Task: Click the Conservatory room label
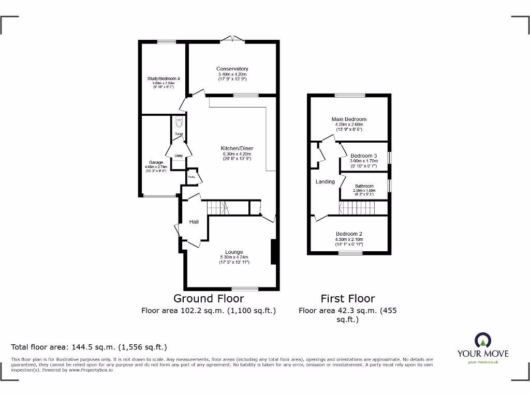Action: tap(232, 69)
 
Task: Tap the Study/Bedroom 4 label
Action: tap(163, 79)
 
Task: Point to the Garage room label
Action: tap(156, 162)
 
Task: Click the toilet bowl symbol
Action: tap(179, 122)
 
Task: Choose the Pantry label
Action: tap(192, 177)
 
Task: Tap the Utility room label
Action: tap(179, 155)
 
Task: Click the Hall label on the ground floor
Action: tap(194, 222)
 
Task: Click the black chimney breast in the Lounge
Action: tap(274, 252)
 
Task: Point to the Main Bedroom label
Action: tap(349, 119)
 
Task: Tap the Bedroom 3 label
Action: tap(363, 156)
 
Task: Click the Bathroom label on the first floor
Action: tap(364, 186)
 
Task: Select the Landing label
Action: tap(325, 181)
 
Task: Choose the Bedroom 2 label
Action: tap(349, 234)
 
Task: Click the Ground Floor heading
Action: tap(208, 298)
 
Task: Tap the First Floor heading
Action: tap(347, 298)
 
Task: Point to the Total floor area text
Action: tap(89, 347)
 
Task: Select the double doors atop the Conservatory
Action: tap(231, 39)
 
